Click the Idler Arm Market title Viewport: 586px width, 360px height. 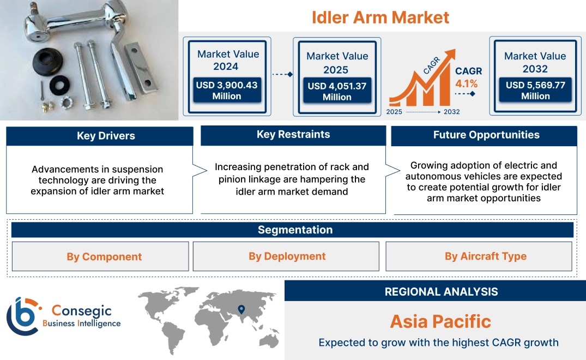pyautogui.click(x=380, y=17)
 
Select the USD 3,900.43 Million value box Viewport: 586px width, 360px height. pyautogui.click(x=227, y=90)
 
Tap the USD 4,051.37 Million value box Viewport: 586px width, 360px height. pyautogui.click(x=337, y=91)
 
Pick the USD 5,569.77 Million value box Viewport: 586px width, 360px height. pyautogui.click(x=535, y=90)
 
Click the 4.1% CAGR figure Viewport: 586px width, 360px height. pyautogui.click(x=467, y=83)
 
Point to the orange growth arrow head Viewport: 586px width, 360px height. pyautogui.click(x=450, y=55)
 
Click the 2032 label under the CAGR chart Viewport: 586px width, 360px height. pyautogui.click(x=451, y=112)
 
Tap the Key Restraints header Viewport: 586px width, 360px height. pyautogui.click(x=293, y=135)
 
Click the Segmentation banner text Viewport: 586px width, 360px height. pyautogui.click(x=295, y=230)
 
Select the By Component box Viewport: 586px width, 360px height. pyautogui.click(x=100, y=256)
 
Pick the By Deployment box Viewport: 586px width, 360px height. pyautogui.click(x=286, y=256)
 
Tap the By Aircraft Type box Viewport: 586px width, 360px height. pyautogui.click(x=479, y=256)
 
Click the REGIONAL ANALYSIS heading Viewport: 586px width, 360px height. pyautogui.click(x=442, y=292)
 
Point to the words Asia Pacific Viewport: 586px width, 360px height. pyautogui.click(x=440, y=321)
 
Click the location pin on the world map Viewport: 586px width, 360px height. pyautogui.click(x=241, y=309)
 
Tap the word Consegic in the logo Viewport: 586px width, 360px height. pyautogui.click(x=82, y=310)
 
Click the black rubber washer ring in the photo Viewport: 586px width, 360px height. pyautogui.click(x=59, y=85)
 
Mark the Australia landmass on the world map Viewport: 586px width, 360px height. pyautogui.click(x=269, y=340)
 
